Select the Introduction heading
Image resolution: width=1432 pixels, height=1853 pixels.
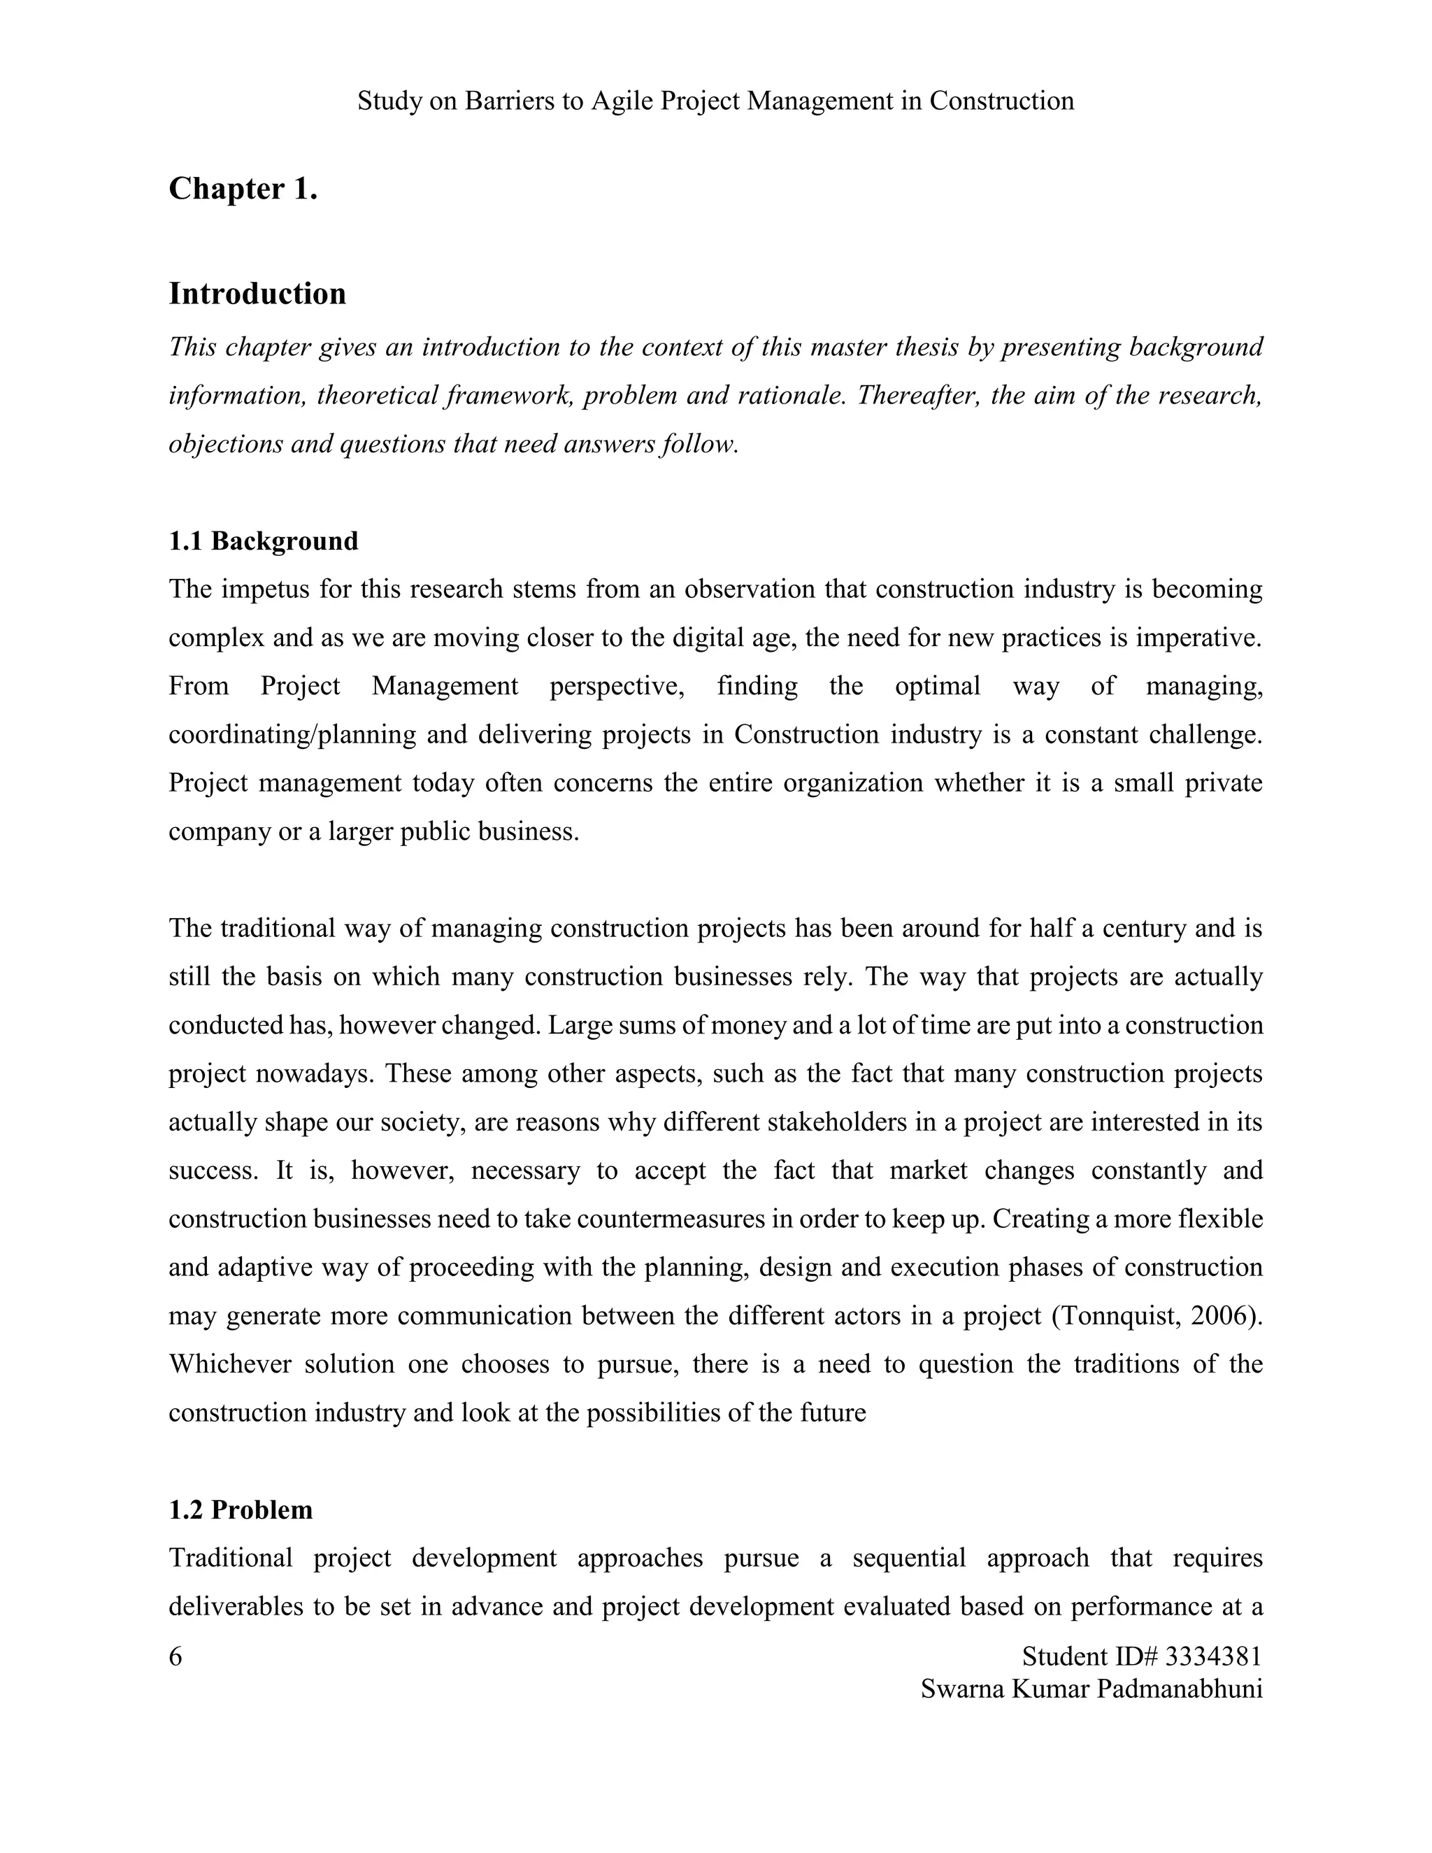coord(257,294)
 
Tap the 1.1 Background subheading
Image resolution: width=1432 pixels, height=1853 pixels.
coord(263,541)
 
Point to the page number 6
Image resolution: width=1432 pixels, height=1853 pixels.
coord(176,1655)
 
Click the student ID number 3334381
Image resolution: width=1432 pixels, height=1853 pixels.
coord(1213,1655)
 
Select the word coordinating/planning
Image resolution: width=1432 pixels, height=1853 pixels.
coord(292,734)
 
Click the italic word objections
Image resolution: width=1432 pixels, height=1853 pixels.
coord(226,444)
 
